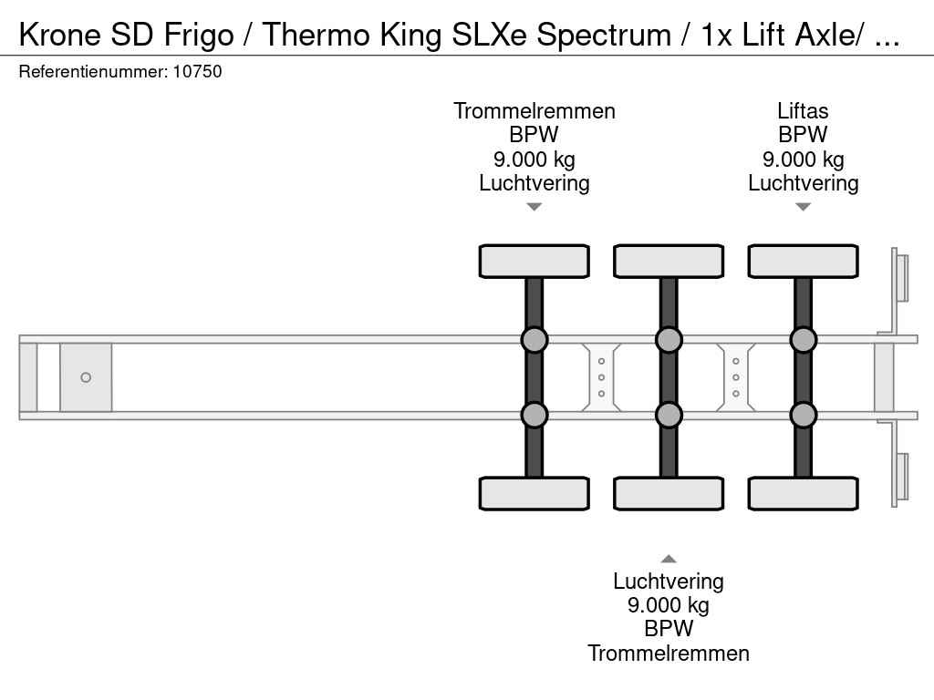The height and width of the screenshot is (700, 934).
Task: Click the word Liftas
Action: [803, 111]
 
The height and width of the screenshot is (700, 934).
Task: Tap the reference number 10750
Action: [196, 71]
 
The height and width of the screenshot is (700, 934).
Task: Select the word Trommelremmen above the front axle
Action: [534, 111]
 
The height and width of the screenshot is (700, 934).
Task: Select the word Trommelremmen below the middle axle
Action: [669, 653]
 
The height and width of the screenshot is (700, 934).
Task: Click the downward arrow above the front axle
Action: [534, 207]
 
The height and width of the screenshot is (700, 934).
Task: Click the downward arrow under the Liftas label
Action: [803, 207]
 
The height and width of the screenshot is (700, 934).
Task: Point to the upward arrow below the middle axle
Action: [669, 559]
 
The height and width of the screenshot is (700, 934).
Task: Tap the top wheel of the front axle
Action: [534, 261]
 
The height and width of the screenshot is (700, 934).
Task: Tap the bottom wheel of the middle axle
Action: [669, 493]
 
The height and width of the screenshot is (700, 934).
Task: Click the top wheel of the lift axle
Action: [803, 261]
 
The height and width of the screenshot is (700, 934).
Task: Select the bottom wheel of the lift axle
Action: [803, 493]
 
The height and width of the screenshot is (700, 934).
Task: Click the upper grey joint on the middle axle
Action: [669, 340]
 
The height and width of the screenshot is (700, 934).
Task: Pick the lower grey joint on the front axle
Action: [534, 415]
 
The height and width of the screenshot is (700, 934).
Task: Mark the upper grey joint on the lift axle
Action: [803, 340]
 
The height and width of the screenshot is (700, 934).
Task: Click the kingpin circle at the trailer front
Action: [86, 377]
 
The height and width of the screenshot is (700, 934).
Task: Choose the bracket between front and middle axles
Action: [602, 377]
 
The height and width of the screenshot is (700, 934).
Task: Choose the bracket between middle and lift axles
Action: [736, 377]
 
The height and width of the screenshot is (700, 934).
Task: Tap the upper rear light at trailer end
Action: [901, 277]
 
